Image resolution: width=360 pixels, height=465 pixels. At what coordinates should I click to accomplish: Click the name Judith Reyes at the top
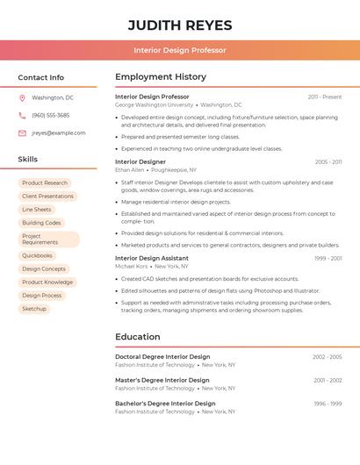click(x=180, y=25)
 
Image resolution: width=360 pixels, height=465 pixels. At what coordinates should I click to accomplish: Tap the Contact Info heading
click(x=41, y=77)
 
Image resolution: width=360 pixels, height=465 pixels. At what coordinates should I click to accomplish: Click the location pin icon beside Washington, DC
click(x=22, y=98)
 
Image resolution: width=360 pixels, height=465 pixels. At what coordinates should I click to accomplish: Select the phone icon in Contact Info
click(x=22, y=116)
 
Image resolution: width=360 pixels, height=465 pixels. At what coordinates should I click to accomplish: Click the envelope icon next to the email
click(x=22, y=133)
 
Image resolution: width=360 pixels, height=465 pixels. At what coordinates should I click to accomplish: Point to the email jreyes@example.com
click(x=59, y=133)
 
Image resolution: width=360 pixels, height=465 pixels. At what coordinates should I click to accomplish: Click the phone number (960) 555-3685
click(x=50, y=116)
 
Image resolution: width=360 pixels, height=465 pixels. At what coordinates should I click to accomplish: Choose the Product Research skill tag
click(x=45, y=183)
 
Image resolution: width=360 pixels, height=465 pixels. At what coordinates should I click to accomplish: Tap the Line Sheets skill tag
click(x=37, y=210)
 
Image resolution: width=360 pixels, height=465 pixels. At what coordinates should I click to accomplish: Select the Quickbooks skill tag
click(x=38, y=255)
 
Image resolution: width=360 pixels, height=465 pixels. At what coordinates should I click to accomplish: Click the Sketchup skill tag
click(x=34, y=309)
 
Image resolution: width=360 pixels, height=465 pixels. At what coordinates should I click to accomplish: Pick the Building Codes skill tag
click(x=41, y=223)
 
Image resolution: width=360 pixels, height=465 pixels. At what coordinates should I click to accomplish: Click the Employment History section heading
click(x=161, y=77)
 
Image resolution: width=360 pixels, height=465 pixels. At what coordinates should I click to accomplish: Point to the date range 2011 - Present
click(x=325, y=97)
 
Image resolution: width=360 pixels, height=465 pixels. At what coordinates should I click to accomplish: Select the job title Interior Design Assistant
click(x=152, y=259)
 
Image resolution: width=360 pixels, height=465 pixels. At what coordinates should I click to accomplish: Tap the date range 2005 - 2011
click(x=328, y=161)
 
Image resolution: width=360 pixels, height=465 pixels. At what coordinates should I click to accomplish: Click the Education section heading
click(x=138, y=337)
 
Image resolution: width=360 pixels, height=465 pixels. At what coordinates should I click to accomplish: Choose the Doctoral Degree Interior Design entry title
click(x=162, y=357)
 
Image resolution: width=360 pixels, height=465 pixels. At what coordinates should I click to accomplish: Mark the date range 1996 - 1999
click(x=328, y=404)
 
